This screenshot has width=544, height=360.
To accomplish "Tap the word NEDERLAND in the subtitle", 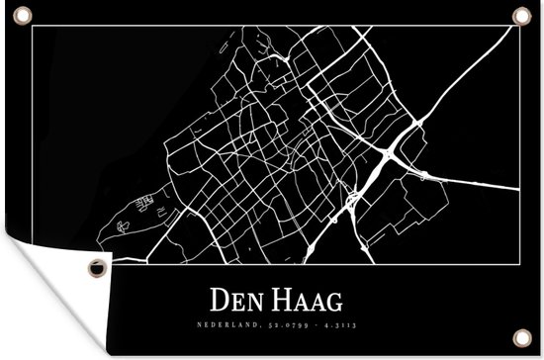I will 234,322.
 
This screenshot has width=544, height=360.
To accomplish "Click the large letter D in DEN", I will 219,297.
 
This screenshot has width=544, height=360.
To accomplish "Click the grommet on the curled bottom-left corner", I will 96,267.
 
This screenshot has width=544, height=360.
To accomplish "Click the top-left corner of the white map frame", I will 33,27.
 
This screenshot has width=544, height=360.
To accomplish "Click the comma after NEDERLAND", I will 259,324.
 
